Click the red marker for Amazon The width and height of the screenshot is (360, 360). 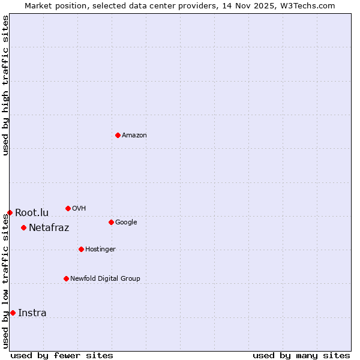click(118, 135)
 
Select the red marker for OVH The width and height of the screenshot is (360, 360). click(68, 208)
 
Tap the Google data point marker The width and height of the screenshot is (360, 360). click(111, 222)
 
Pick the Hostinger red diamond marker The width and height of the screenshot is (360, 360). click(81, 249)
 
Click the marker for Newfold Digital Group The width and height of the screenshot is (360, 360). click(66, 278)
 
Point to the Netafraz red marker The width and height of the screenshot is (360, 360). click(23, 227)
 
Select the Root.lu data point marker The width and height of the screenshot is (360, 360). click(10, 212)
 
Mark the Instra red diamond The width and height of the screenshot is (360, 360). click(13, 313)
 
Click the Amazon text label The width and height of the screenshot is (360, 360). click(134, 136)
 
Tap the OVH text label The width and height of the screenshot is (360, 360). click(79, 209)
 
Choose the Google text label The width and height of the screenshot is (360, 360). click(126, 223)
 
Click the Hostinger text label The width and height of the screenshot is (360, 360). click(100, 250)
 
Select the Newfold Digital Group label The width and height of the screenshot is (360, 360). click(105, 279)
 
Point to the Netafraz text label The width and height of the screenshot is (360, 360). click(49, 228)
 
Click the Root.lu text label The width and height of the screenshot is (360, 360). click(32, 213)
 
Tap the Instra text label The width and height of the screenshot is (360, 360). click(32, 313)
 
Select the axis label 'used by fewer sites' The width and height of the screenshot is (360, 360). click(62, 355)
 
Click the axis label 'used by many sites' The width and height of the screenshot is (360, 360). click(301, 355)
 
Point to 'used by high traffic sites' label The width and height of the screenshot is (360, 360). click(5, 85)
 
